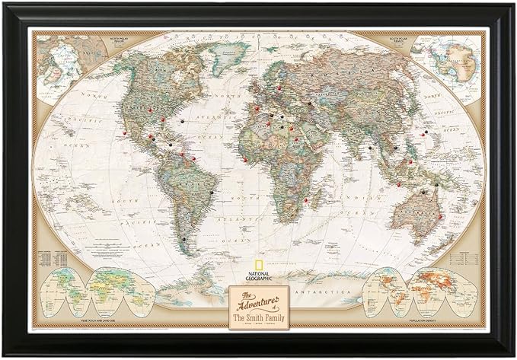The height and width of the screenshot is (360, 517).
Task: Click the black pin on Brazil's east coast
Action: (x=211, y=193)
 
